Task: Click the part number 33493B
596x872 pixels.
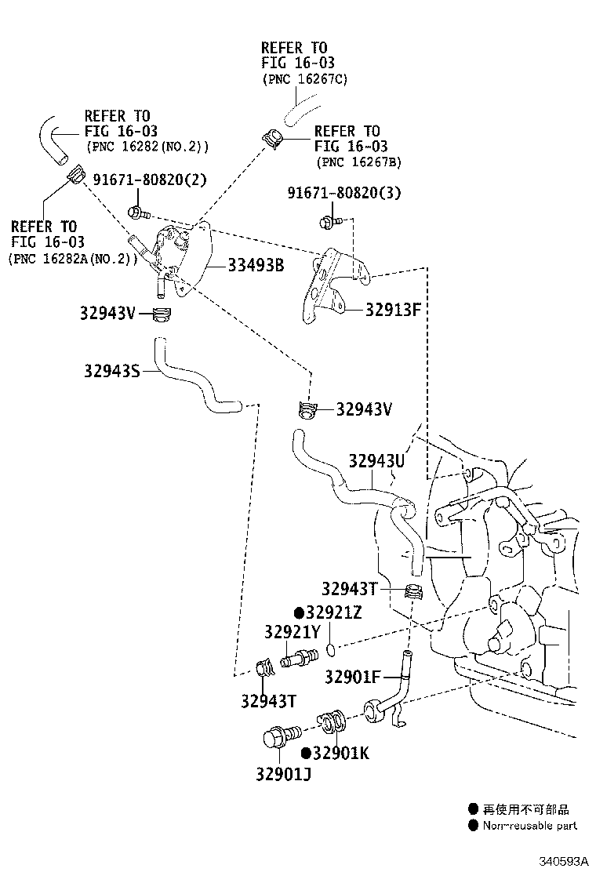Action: coord(256,265)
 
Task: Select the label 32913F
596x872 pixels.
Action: coord(393,309)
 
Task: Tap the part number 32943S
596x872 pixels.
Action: coord(111,370)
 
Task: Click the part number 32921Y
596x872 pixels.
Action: coord(292,633)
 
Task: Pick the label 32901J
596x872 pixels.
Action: coord(283,775)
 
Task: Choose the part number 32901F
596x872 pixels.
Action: coord(352,676)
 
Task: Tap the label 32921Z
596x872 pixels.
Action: coord(333,612)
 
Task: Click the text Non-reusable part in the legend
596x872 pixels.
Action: coord(529,825)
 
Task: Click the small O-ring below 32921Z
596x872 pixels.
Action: coord(331,649)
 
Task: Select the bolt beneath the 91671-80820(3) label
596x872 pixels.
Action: coord(329,223)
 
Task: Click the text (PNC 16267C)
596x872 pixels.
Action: coord(304,79)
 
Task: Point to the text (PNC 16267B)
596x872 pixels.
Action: coord(358,162)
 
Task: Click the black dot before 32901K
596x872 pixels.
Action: coord(306,754)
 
